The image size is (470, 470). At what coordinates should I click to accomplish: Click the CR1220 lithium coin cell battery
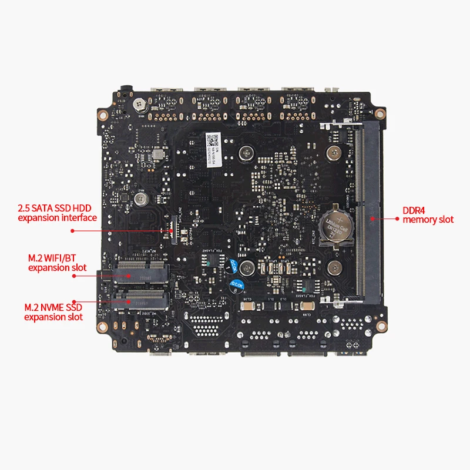pos(334,224)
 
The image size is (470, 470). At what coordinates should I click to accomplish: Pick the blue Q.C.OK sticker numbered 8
pos(237,286)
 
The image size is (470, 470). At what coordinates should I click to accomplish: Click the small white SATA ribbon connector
pos(172,221)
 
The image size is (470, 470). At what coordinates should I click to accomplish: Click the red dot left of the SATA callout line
pos(72,231)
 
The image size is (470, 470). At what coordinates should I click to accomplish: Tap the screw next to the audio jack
pos(139,104)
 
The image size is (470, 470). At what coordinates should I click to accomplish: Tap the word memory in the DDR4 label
pos(417,220)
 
